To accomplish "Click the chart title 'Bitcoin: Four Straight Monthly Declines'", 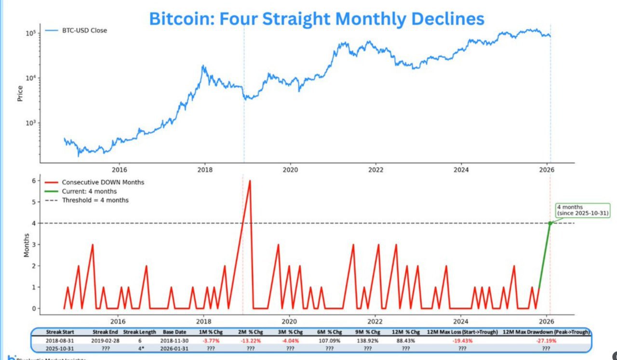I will point(316,18).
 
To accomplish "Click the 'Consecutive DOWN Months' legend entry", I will point(103,182).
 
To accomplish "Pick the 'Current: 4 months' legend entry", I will point(89,191).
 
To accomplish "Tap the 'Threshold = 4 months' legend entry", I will point(95,200).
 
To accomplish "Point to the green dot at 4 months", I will point(550,223).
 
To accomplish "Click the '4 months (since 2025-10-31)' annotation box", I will point(582,210).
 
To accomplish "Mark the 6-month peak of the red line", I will point(250,181).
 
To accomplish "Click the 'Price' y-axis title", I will point(20,93).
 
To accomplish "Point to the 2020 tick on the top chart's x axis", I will point(290,170).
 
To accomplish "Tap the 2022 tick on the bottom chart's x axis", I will point(375,321).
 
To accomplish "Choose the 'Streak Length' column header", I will point(140,333).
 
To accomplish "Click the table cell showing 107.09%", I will point(329,340).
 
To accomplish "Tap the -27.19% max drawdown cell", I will point(546,340).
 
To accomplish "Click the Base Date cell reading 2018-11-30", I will point(175,340).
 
